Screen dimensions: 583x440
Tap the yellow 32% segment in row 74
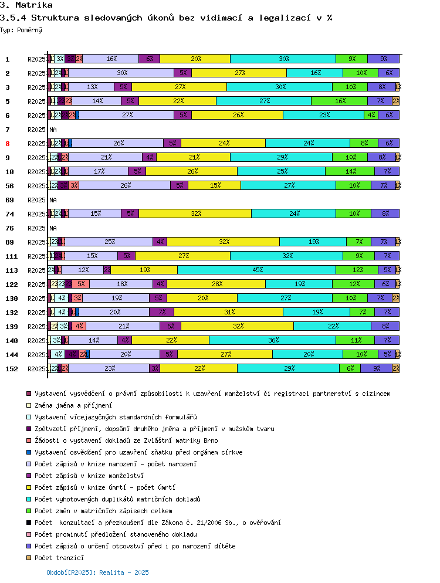(195, 213)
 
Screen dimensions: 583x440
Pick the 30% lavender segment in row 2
(122, 73)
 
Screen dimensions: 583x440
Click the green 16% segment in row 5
(339, 101)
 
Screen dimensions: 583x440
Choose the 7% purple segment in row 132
(161, 312)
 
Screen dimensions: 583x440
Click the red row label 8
(8, 144)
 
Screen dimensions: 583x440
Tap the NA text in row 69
(53, 200)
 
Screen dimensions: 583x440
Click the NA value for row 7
(53, 130)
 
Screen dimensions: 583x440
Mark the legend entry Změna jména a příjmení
(73, 405)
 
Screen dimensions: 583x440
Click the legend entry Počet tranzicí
(59, 558)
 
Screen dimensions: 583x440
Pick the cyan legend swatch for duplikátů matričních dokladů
(28, 499)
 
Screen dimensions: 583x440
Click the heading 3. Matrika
(26, 5)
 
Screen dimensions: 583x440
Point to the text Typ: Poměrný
(21, 29)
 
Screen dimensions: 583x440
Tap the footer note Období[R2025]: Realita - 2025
(97, 572)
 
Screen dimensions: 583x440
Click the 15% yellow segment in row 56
(214, 185)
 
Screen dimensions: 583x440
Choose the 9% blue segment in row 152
(376, 368)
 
